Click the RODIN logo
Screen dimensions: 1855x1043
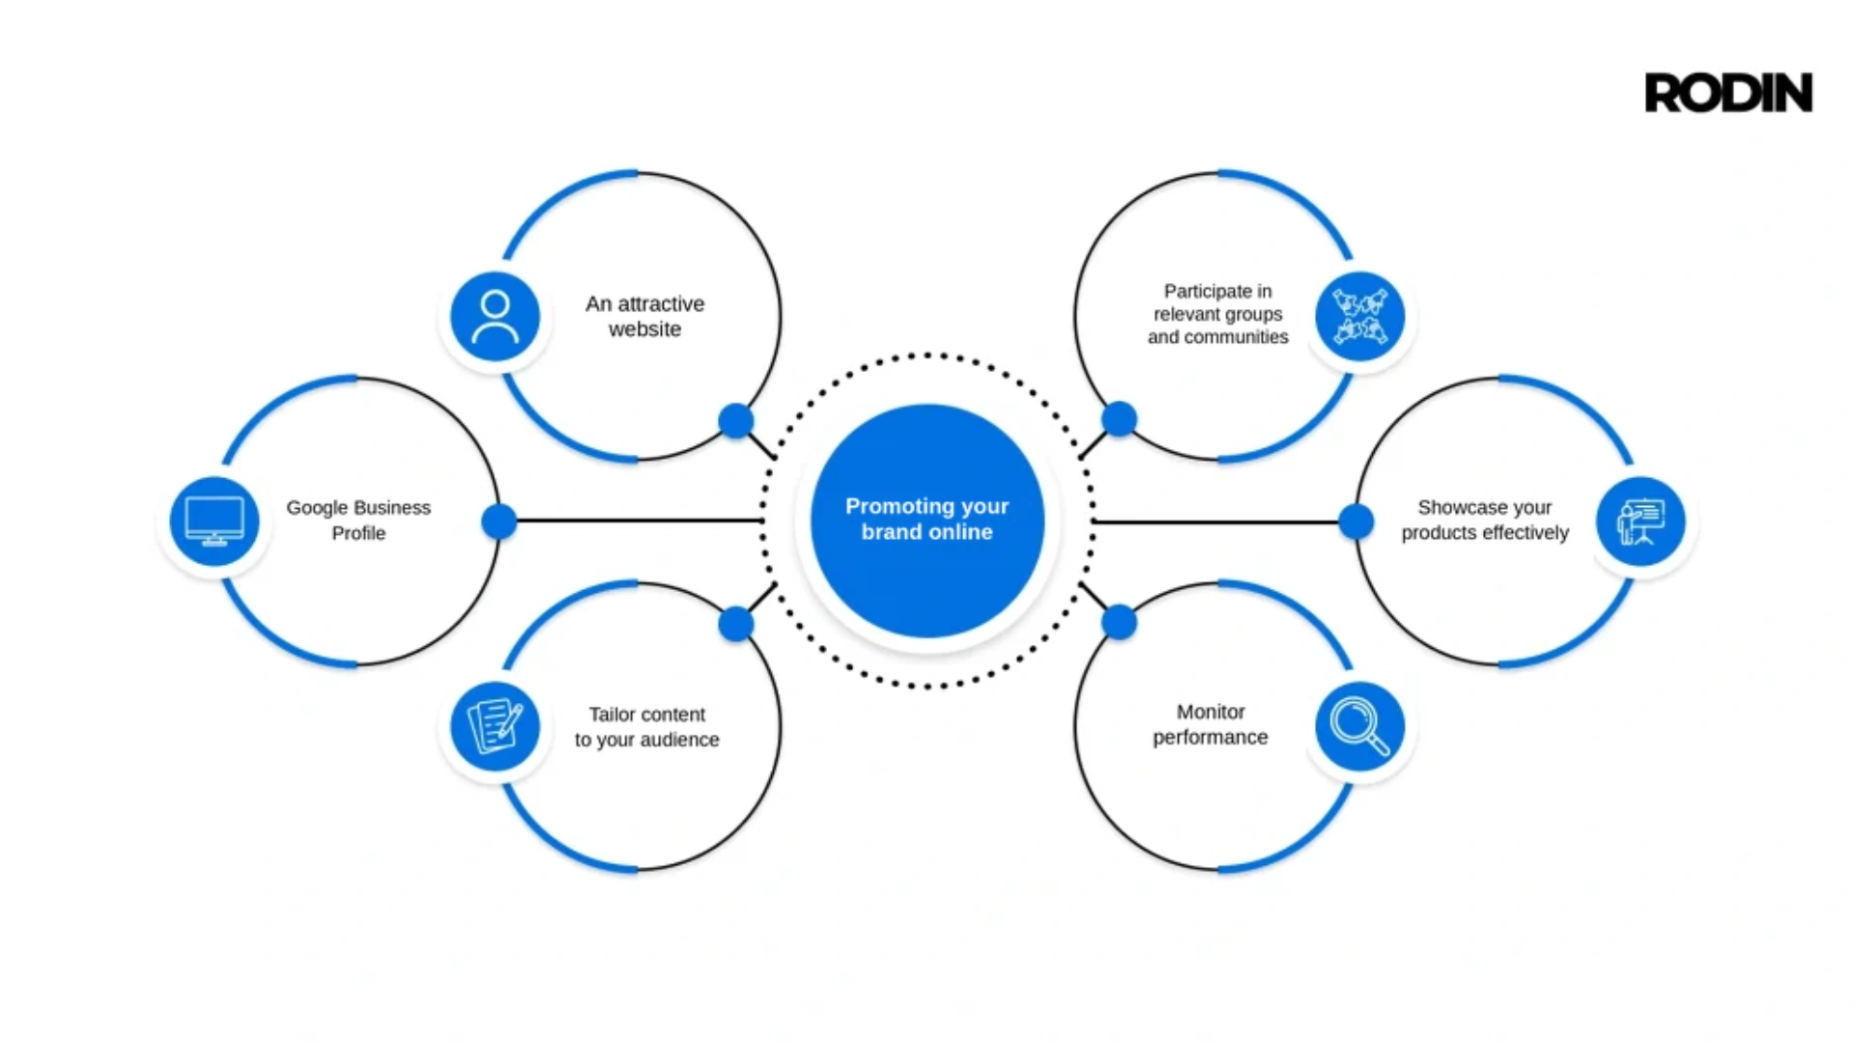tap(1728, 93)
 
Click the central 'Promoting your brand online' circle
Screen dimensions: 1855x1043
tap(927, 521)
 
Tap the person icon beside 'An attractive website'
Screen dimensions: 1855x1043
tap(496, 317)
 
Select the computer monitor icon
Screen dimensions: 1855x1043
tap(214, 521)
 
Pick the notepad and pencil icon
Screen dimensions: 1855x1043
tap(496, 726)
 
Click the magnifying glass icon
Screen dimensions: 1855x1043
tap(1360, 726)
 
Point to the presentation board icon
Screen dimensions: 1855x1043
tap(1641, 521)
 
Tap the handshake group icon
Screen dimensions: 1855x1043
tap(1360, 317)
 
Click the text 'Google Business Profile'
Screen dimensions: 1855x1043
tap(358, 520)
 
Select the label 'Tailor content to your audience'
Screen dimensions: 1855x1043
tap(647, 726)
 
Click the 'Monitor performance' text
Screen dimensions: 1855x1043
tap(1211, 724)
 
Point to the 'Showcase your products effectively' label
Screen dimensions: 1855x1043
tap(1485, 520)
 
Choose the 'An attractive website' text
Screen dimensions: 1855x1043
tap(645, 316)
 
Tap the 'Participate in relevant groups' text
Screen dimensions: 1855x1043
tap(1218, 302)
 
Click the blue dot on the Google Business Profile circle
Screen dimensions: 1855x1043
tap(499, 521)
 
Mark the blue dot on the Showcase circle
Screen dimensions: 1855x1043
tap(1356, 521)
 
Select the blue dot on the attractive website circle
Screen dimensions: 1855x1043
tap(736, 420)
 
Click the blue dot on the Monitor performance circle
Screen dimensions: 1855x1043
tap(1119, 623)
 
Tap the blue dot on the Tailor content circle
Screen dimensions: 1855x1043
tap(736, 624)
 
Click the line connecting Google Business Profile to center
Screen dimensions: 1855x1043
tap(640, 521)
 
